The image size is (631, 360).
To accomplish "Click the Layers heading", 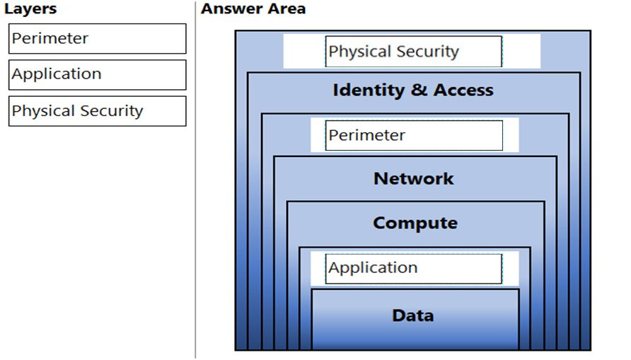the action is tap(30, 9).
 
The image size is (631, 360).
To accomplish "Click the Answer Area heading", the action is tap(253, 8).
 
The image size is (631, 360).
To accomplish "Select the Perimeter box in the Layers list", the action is tap(98, 39).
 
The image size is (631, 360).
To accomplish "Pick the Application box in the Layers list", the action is tap(98, 75).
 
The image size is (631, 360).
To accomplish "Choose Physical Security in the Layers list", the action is tap(98, 111).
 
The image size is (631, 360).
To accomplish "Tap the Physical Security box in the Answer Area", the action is tap(414, 52).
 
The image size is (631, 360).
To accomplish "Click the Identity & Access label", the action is tap(413, 90).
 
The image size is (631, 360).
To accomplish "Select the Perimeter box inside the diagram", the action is tap(414, 135).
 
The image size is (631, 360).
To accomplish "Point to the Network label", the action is tap(414, 178).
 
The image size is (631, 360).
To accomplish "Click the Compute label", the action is tap(415, 223).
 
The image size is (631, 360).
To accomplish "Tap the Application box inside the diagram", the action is tap(414, 269).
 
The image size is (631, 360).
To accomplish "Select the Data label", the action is tap(413, 315).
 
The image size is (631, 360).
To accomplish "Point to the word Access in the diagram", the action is tap(463, 90).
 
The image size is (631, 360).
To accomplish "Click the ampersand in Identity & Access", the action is tap(419, 90).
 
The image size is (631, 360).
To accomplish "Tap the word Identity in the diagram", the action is tap(369, 91).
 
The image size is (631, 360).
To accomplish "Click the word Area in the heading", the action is tap(288, 8).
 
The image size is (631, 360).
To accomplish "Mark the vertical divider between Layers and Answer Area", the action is tap(195, 180).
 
